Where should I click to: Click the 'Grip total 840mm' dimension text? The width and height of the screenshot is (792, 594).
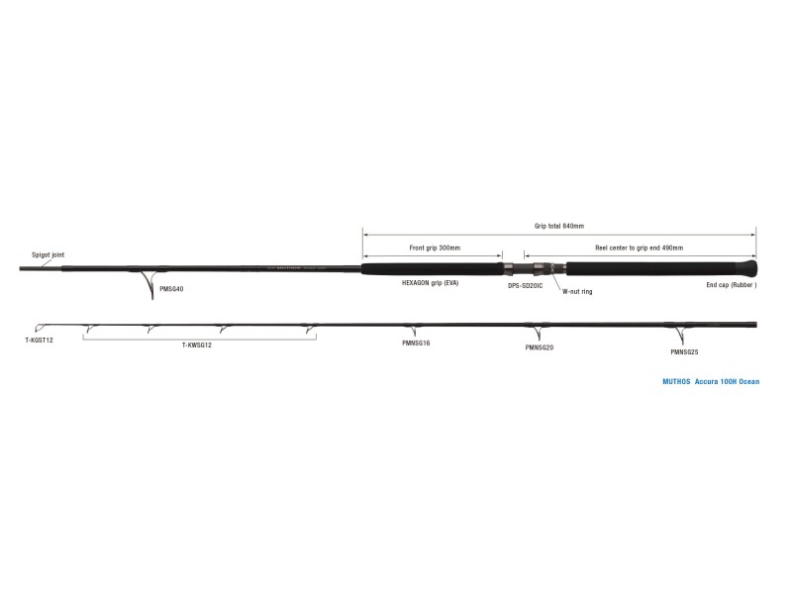[x=559, y=227]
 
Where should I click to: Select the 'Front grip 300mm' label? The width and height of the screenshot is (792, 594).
[x=435, y=247]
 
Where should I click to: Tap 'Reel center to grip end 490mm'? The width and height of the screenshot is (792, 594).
[x=639, y=247]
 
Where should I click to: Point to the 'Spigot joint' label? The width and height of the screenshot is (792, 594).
[x=47, y=253]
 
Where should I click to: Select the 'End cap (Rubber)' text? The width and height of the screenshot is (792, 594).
[x=731, y=284]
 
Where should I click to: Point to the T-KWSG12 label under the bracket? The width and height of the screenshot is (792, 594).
[x=198, y=346]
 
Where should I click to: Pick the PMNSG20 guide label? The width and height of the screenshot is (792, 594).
[x=539, y=347]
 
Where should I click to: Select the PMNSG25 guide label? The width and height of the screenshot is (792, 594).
[x=685, y=351]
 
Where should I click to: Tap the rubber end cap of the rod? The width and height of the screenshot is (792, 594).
[x=751, y=267]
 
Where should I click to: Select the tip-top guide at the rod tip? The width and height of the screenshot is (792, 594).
[x=38, y=328]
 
